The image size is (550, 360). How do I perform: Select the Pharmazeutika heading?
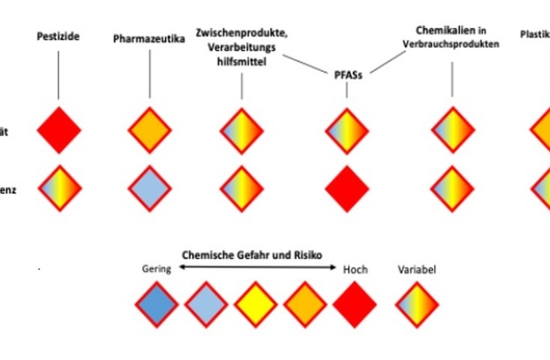(149, 39)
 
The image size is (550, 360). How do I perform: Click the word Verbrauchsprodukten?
(451, 45)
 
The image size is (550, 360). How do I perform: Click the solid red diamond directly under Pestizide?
(58, 129)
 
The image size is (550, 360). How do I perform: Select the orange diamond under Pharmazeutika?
(149, 129)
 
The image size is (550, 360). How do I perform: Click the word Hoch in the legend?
(355, 270)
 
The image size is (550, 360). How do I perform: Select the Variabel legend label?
(416, 270)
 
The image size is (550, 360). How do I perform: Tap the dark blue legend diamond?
(157, 304)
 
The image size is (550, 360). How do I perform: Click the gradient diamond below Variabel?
(416, 304)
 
